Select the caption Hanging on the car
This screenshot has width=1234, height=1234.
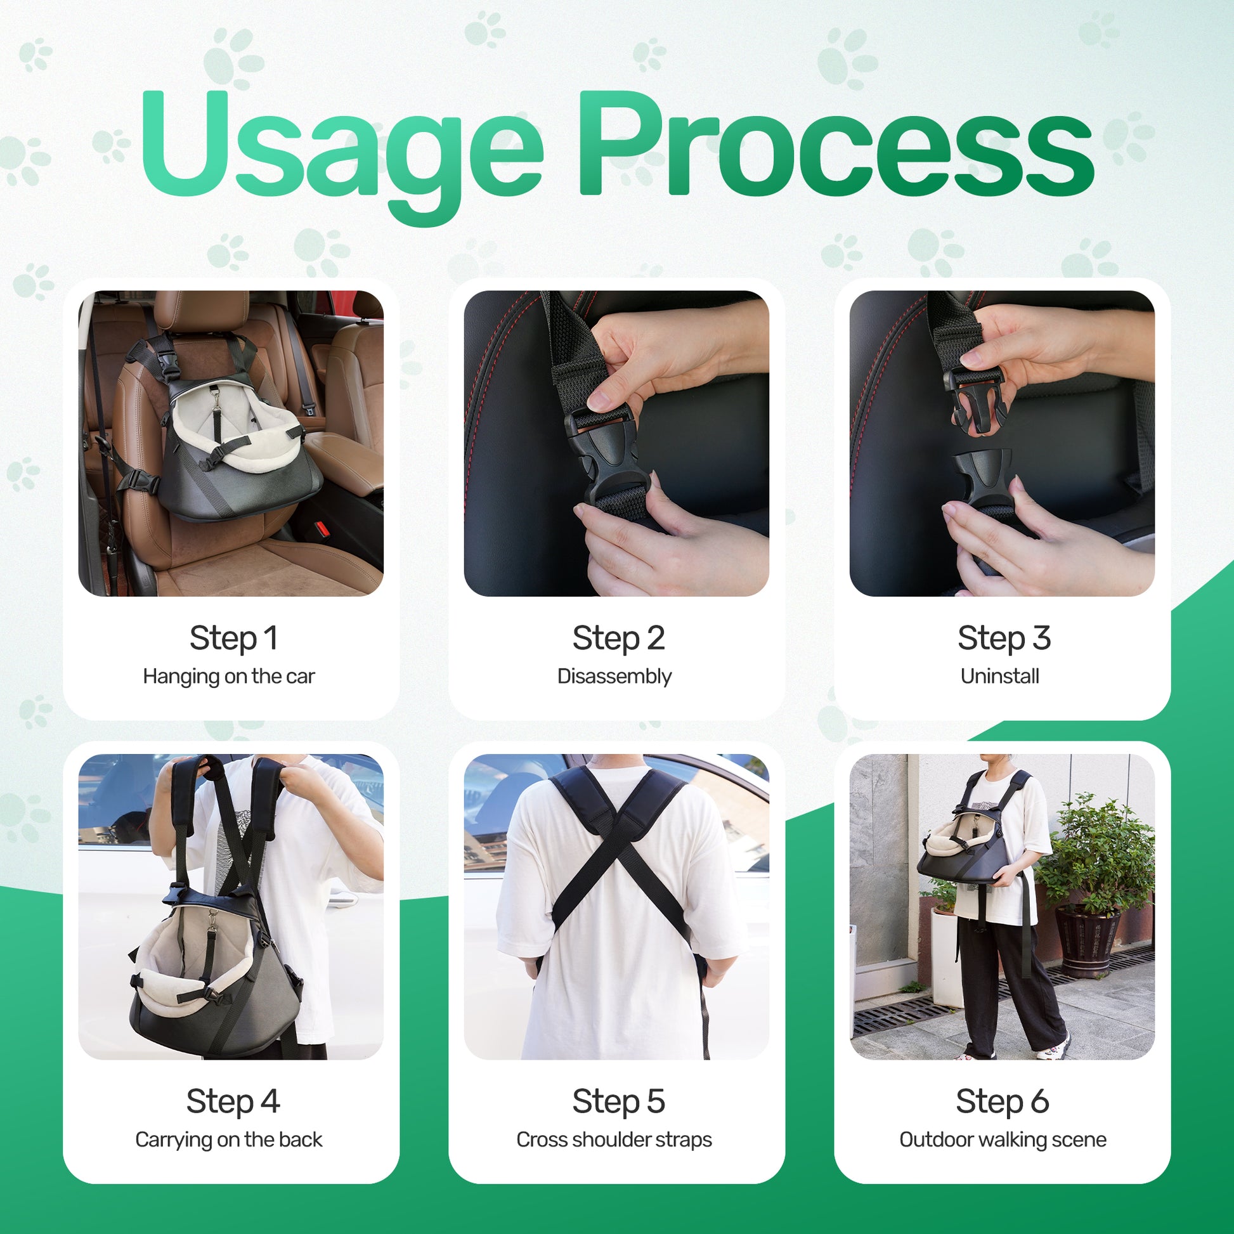[229, 677]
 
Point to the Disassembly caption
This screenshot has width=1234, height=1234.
[614, 677]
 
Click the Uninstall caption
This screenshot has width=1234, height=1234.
[999, 676]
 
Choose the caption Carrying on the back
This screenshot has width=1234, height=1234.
[229, 1140]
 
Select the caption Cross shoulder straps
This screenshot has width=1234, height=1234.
[614, 1140]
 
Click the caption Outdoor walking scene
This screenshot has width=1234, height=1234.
[1003, 1140]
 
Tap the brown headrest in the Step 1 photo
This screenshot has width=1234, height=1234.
[201, 311]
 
